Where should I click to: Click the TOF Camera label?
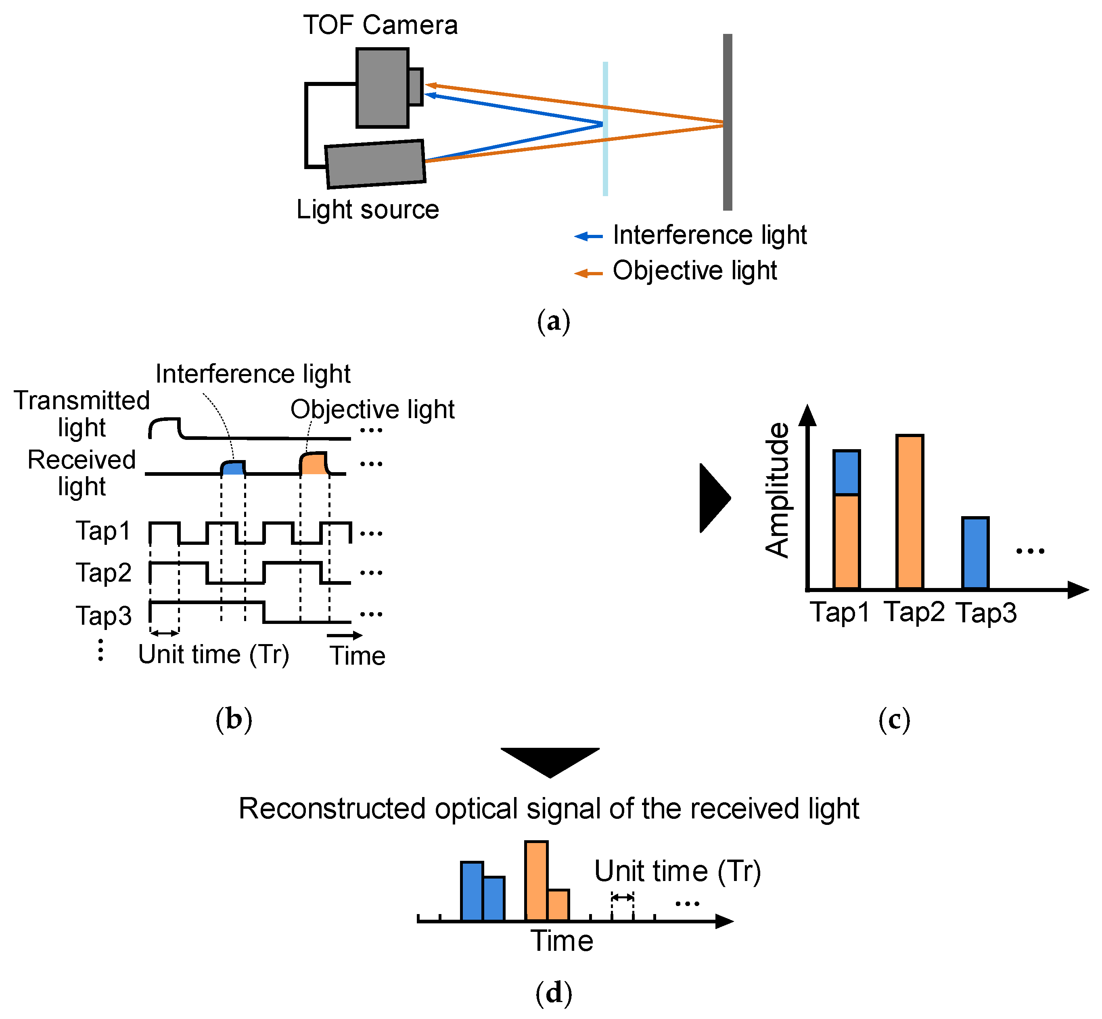381,25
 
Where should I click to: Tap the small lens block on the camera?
416,87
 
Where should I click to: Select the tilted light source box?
375,164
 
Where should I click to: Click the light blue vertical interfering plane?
605,165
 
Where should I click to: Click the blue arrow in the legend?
588,236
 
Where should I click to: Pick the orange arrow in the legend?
588,273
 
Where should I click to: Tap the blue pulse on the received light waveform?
233,468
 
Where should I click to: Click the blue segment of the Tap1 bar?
846,473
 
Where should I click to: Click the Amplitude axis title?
777,490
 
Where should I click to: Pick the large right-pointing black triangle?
714,498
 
